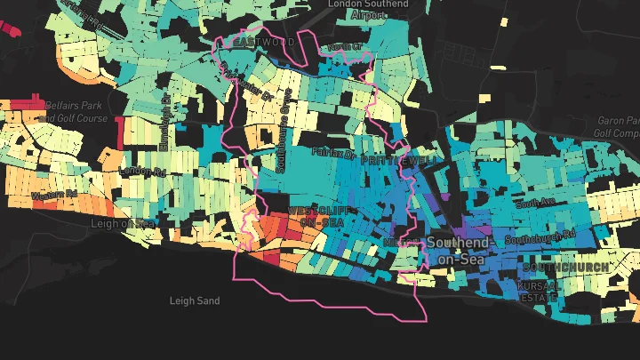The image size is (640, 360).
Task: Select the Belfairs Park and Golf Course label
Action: point(76,112)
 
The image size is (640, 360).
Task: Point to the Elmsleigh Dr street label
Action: point(164,115)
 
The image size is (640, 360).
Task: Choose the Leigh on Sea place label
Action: point(123,223)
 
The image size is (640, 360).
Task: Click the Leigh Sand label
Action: point(195,301)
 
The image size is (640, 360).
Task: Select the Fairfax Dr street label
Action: point(334,154)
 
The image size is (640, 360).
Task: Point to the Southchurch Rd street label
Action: point(540,238)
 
